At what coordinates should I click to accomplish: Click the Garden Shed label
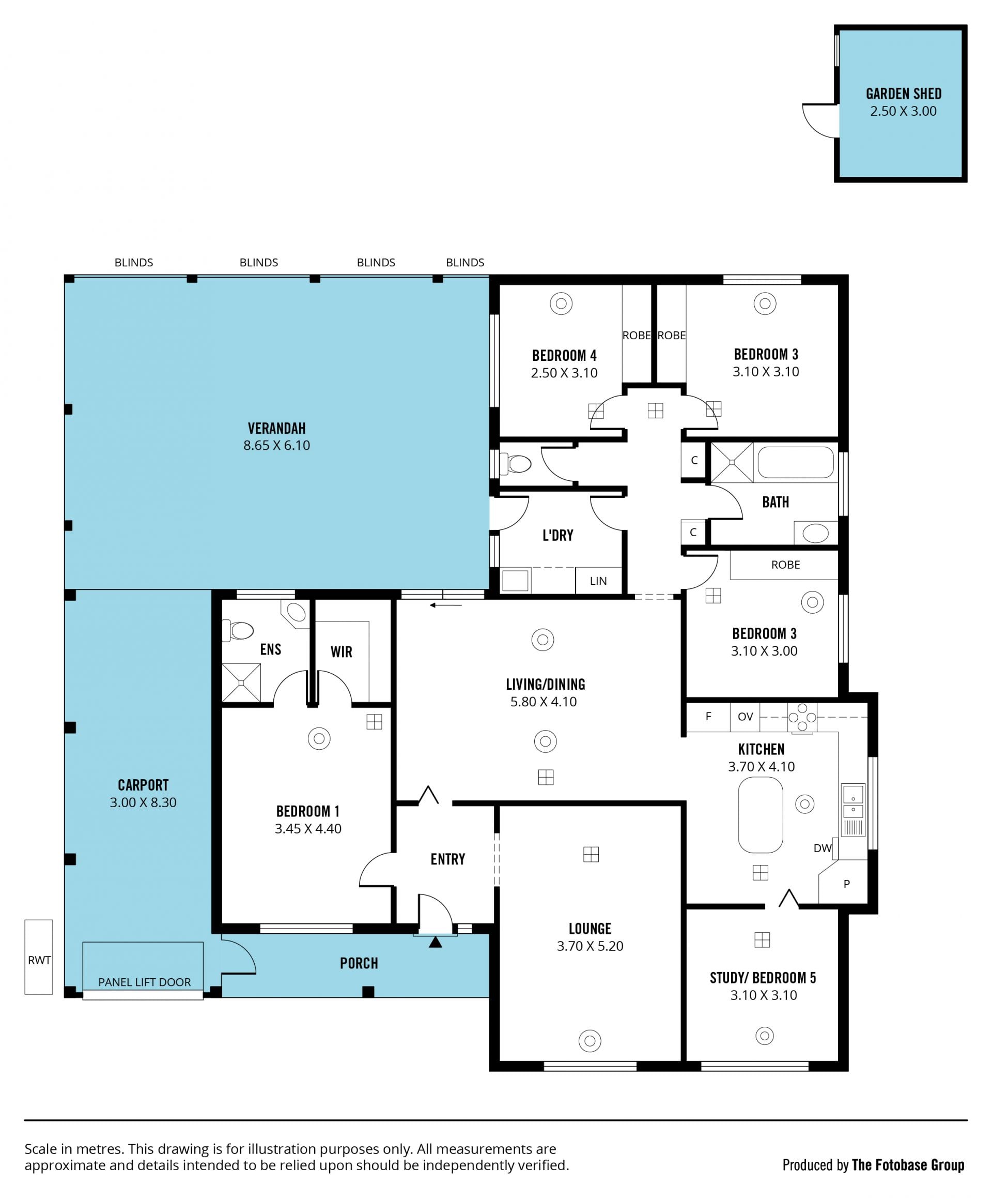904,94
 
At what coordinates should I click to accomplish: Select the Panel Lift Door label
144,982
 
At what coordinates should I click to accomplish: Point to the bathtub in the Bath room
795,462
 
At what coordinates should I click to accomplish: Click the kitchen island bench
761,815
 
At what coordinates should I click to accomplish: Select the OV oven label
745,717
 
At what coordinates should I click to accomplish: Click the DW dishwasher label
822,848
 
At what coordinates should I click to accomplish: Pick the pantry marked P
847,884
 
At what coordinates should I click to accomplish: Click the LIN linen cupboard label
598,581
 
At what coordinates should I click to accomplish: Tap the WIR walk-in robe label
342,651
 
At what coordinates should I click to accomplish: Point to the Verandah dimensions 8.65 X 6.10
276,446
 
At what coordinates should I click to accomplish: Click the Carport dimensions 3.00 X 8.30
143,802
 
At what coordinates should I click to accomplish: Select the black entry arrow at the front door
436,942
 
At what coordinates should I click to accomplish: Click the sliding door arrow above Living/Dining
446,605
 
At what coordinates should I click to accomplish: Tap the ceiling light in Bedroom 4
561,304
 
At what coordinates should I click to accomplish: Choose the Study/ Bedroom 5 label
763,978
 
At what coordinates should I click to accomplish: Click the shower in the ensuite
241,683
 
